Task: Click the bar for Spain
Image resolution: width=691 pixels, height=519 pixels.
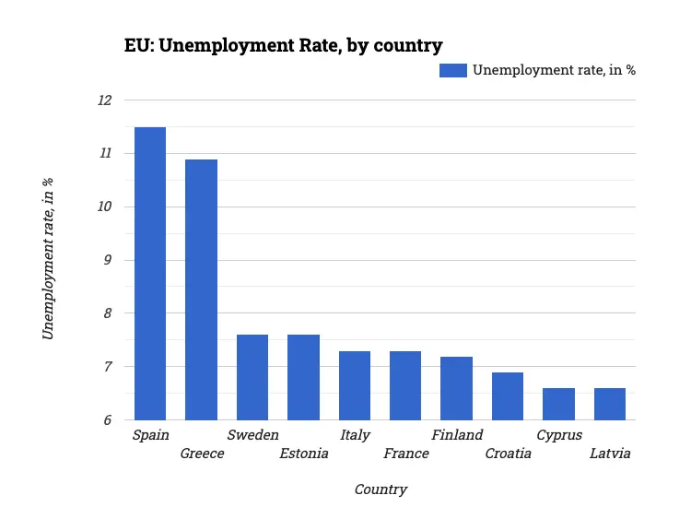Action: coord(150,274)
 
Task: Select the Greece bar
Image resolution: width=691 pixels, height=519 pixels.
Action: coord(201,289)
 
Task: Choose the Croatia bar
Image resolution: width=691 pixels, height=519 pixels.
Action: coord(508,396)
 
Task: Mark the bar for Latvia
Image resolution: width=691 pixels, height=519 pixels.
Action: coord(610,404)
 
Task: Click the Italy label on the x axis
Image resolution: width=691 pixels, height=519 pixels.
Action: coord(355,435)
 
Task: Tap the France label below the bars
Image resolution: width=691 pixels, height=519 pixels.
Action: coord(406,454)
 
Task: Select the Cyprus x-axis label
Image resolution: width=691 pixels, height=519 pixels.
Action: coord(559,435)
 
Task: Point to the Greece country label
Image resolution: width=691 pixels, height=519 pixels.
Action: coord(202,454)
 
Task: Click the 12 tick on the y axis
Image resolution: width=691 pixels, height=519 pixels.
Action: coord(104,100)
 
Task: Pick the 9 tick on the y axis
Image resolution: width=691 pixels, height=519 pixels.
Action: coord(107,260)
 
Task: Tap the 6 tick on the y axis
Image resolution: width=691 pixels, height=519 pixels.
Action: coord(107,420)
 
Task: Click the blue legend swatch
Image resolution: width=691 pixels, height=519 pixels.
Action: coord(452,71)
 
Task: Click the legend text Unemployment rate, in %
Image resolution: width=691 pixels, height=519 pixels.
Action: coord(554,71)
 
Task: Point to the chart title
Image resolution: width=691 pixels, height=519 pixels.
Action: coord(284,45)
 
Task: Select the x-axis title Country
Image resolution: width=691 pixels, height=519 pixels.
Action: coord(381,490)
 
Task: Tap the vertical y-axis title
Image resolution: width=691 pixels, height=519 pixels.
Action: coord(49,259)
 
